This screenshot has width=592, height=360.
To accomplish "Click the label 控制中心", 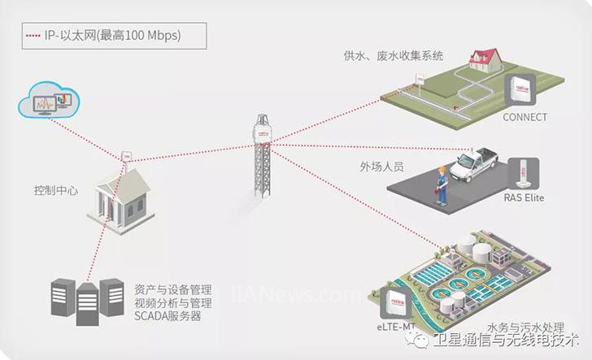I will [56, 190].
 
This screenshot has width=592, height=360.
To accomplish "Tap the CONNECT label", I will [525, 118].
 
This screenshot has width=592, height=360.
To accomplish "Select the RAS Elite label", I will [523, 197].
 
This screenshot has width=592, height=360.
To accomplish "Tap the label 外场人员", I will [381, 167].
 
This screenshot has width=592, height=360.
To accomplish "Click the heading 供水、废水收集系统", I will [394, 56].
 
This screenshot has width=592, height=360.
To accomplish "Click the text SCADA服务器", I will [168, 316].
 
